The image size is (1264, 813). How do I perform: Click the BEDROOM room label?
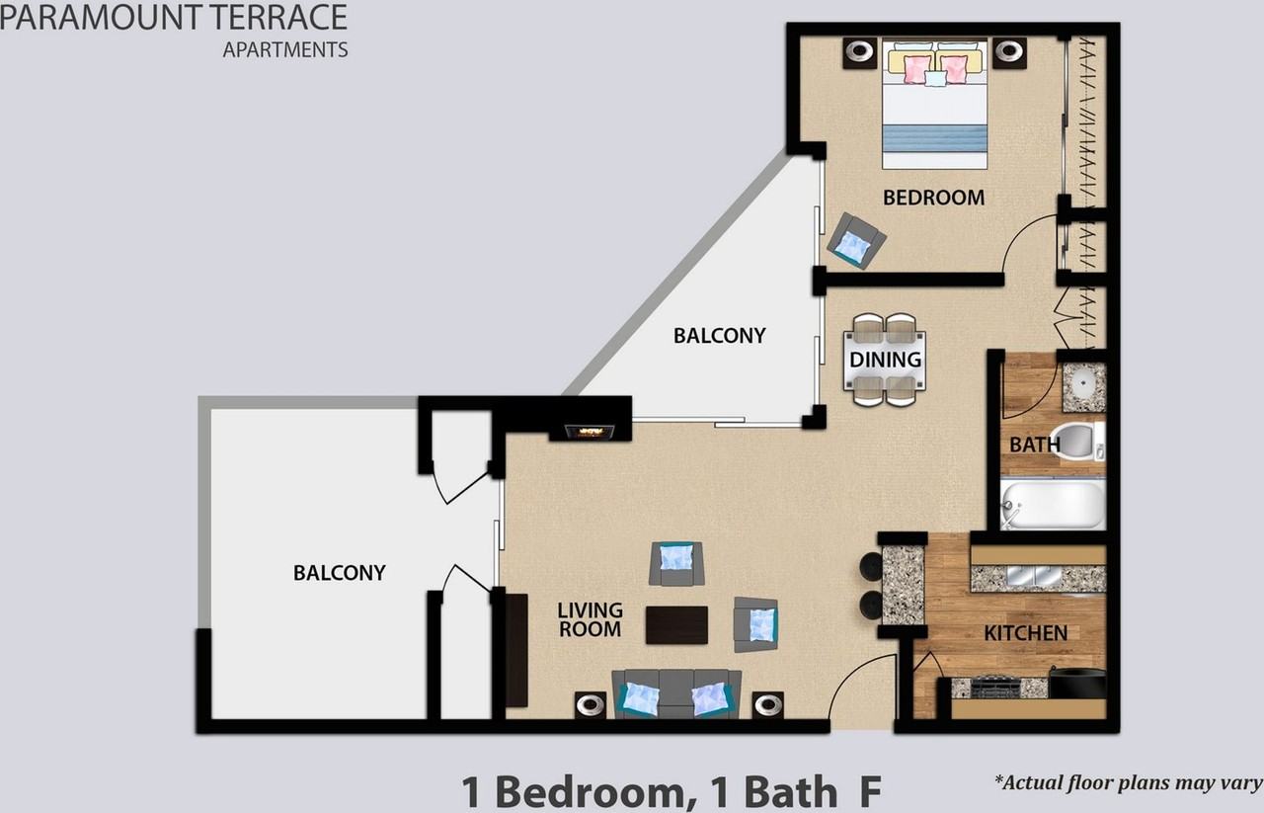click(x=933, y=198)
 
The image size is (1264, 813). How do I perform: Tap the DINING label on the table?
click(x=886, y=361)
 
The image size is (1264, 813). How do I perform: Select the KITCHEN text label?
click(x=1025, y=633)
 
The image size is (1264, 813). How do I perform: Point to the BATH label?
click(x=1034, y=446)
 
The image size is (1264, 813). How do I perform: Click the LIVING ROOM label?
click(x=590, y=619)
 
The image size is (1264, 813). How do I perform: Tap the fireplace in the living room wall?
click(x=590, y=432)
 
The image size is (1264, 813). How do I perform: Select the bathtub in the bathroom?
click(x=1053, y=505)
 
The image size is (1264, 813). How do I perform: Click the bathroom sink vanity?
click(x=1083, y=387)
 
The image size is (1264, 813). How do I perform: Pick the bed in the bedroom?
click(x=935, y=105)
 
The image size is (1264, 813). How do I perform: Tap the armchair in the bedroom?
click(x=855, y=240)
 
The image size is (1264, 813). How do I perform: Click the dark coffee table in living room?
click(x=676, y=624)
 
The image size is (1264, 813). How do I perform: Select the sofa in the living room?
click(x=676, y=693)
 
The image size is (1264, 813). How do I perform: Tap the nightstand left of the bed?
click(x=859, y=52)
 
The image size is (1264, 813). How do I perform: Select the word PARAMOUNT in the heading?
click(x=93, y=17)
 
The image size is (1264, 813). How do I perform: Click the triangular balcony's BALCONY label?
click(x=719, y=336)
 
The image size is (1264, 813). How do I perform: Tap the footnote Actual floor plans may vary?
click(x=1128, y=783)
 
